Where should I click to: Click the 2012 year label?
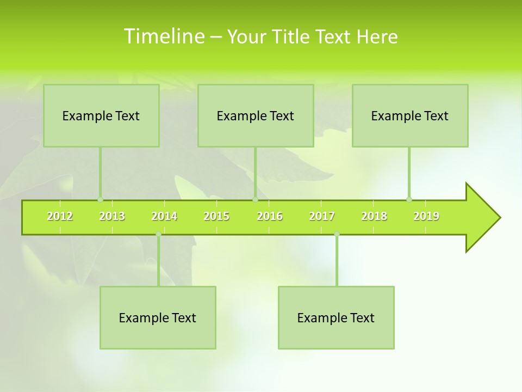pyautogui.click(x=60, y=216)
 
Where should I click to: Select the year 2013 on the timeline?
pyautogui.click(x=112, y=216)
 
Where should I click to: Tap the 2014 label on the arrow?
pyautogui.click(x=164, y=216)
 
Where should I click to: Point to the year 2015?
pyautogui.click(x=216, y=216)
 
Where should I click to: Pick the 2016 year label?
pyautogui.click(x=270, y=216)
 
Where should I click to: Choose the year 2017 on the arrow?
pyautogui.click(x=322, y=216)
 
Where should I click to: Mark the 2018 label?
pyautogui.click(x=374, y=216)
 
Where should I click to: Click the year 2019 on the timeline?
pyautogui.click(x=426, y=216)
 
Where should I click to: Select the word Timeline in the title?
pyautogui.click(x=163, y=36)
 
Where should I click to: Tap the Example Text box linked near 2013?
pyautogui.click(x=101, y=115)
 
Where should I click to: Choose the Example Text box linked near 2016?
pyautogui.click(x=256, y=115)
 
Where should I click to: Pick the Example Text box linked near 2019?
pyautogui.click(x=410, y=115)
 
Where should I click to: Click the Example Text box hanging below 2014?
pyautogui.click(x=158, y=317)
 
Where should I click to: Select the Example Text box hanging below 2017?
pyautogui.click(x=336, y=317)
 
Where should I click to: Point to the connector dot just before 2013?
pyautogui.click(x=100, y=199)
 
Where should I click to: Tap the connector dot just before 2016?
pyautogui.click(x=255, y=199)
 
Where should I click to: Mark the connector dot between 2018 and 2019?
pyautogui.click(x=409, y=199)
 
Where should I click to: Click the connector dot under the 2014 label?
pyautogui.click(x=158, y=234)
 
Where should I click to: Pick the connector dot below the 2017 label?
pyautogui.click(x=337, y=234)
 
